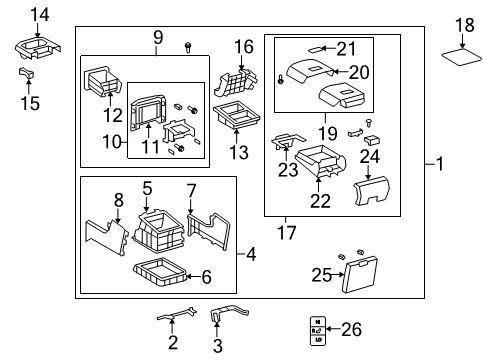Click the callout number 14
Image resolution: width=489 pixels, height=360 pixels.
coord(38,13)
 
